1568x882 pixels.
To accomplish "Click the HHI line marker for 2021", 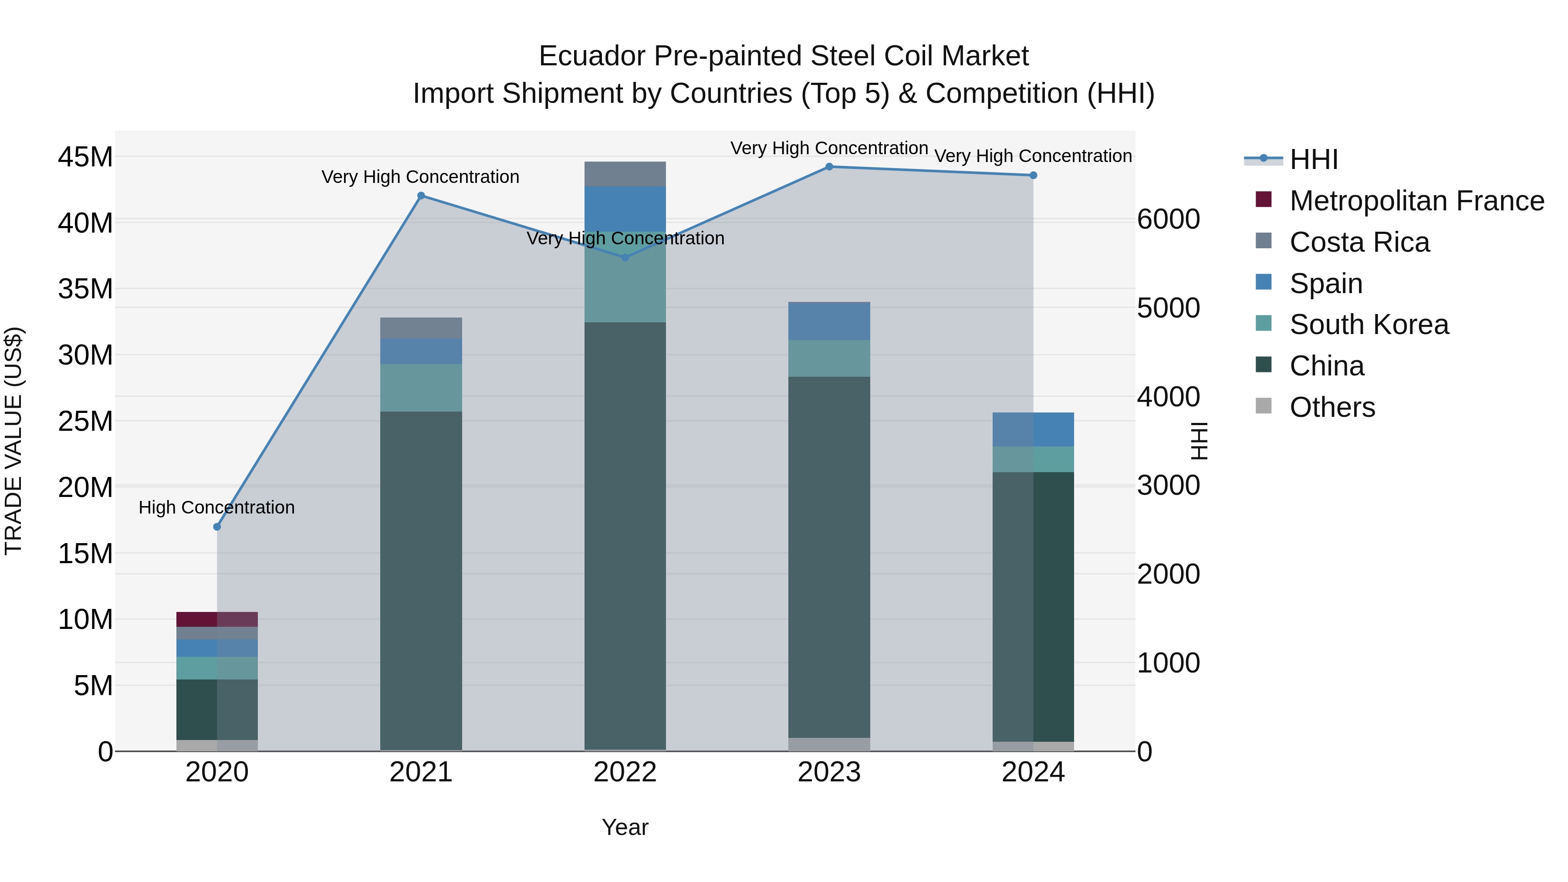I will click(x=421, y=196).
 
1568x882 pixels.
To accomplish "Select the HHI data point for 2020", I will click(x=217, y=527).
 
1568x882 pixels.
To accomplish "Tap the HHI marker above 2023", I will click(x=829, y=167).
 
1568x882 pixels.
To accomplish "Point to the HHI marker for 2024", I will click(x=1033, y=175).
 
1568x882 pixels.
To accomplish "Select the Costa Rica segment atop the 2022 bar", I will click(x=625, y=174).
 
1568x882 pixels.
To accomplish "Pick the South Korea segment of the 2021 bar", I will click(x=421, y=388).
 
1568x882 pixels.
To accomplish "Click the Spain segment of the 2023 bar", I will click(x=829, y=321).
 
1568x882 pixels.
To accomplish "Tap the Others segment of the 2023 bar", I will click(x=829, y=744).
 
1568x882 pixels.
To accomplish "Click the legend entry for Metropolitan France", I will click(x=1416, y=201).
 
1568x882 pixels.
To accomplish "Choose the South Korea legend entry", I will click(x=1369, y=324).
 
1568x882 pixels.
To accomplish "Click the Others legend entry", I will click(x=1332, y=407).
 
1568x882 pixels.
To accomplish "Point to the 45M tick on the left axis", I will click(x=85, y=158).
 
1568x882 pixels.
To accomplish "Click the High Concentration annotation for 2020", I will click(x=217, y=507).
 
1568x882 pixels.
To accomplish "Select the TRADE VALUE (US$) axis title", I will click(x=14, y=441).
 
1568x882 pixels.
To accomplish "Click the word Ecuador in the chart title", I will click(x=591, y=57).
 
